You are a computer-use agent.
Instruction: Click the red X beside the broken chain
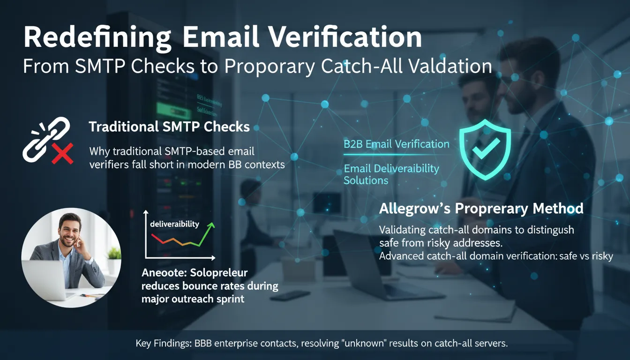(62, 154)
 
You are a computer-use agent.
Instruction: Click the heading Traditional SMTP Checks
(169, 127)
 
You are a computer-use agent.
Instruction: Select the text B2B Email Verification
(396, 144)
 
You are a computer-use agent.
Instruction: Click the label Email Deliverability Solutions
(391, 174)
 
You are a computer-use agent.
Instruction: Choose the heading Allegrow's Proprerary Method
(481, 208)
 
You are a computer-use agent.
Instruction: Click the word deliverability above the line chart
(174, 224)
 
